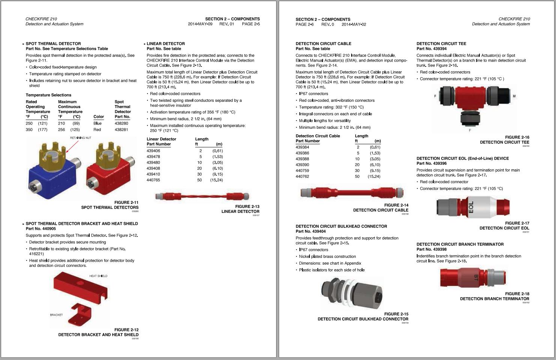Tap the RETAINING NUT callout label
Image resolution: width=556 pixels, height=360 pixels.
(x=80, y=138)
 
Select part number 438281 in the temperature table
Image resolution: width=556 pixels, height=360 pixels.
(x=121, y=130)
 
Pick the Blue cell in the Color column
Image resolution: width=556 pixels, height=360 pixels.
(x=98, y=123)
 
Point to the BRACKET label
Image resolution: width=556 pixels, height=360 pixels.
(x=56, y=315)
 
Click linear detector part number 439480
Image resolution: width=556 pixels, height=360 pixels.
(x=153, y=163)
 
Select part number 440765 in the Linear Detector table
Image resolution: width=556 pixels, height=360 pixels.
(x=153, y=180)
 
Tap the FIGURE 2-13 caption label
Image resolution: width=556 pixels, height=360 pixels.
(x=247, y=206)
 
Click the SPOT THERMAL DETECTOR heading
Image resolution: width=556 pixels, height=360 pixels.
(x=53, y=44)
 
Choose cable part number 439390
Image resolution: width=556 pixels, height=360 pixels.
(x=302, y=165)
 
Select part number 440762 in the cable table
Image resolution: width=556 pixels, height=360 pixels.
(x=302, y=176)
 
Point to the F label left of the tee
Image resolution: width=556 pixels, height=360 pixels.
(x=435, y=96)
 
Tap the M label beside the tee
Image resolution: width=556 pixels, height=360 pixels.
(x=514, y=96)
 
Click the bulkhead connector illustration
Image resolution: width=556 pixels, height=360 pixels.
(x=353, y=293)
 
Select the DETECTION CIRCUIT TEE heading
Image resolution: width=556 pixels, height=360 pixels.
(x=441, y=44)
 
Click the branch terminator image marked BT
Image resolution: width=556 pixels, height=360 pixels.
(x=473, y=277)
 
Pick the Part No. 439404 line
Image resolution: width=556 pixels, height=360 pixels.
(x=311, y=231)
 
